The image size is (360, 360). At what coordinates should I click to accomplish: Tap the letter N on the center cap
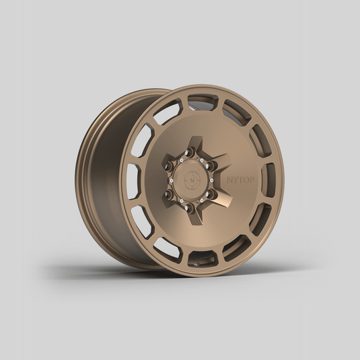[x=192, y=180]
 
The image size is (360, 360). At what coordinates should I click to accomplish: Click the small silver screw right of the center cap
[x=211, y=180]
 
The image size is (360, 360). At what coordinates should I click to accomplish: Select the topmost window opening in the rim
[x=203, y=102]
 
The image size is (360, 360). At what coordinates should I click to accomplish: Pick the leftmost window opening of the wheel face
[x=134, y=180]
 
